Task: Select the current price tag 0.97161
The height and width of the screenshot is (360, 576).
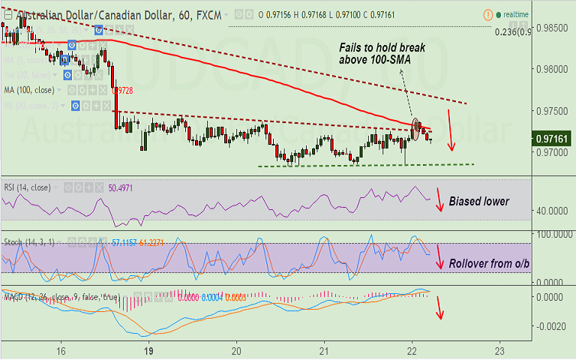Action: coord(551,139)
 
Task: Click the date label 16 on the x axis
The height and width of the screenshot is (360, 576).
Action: coord(61,350)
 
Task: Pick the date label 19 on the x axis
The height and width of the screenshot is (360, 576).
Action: coord(148,350)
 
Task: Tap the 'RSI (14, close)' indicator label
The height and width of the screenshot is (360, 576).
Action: coord(26,187)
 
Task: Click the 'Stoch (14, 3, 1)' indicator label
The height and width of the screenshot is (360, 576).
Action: coord(28,242)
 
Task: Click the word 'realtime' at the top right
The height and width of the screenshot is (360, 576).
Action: coord(517,14)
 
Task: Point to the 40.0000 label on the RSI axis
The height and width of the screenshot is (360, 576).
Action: coord(552,211)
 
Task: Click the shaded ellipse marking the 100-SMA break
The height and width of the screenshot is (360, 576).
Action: coord(416,130)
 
